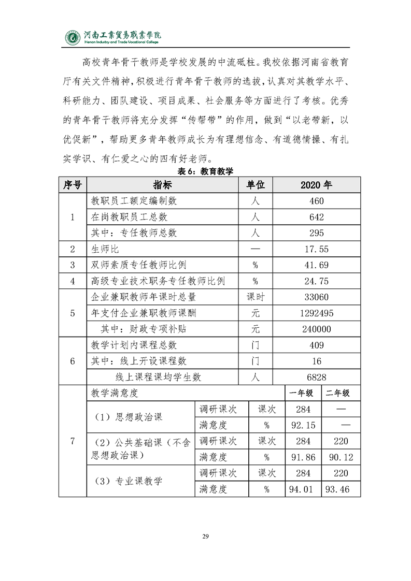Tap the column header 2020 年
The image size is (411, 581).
(x=317, y=185)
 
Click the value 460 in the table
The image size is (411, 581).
(x=317, y=201)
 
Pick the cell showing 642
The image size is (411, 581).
(x=317, y=217)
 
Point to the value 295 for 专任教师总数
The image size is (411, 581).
(x=317, y=233)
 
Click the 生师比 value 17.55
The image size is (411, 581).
(x=317, y=249)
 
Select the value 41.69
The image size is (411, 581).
(x=317, y=265)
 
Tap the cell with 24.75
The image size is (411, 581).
(x=317, y=281)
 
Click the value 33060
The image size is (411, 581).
(x=317, y=297)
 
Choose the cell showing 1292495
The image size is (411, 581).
(x=317, y=313)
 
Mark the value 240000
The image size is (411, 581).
(x=317, y=329)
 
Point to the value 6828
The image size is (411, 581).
(x=317, y=377)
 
